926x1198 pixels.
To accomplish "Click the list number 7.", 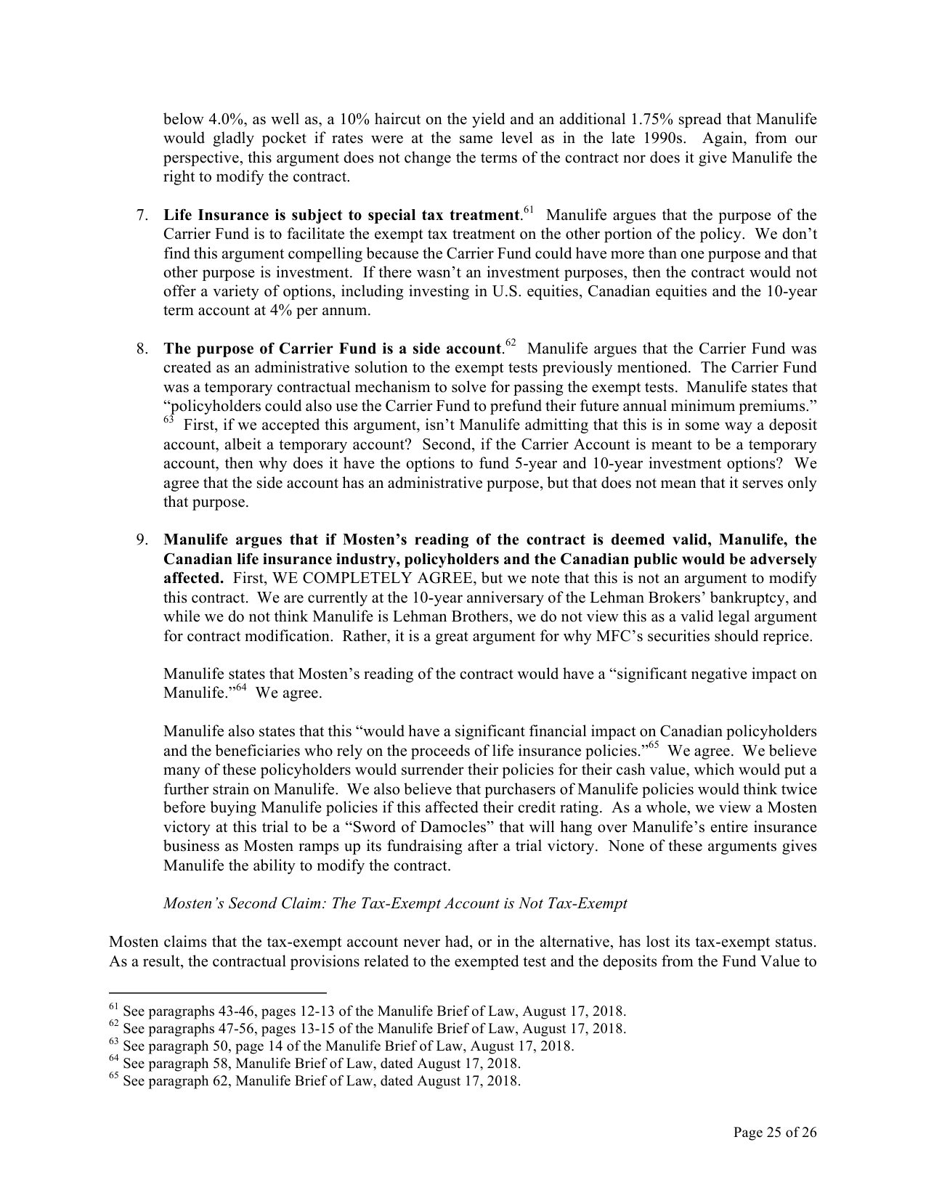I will tap(142, 216).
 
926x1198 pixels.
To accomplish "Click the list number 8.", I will tap(142, 349).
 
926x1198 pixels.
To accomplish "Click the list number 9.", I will tap(142, 540).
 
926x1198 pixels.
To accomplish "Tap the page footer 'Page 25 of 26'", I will tap(775, 1133).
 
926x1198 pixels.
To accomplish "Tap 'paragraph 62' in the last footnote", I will tap(187, 1081).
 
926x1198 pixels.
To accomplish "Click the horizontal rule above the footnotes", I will tap(217, 993).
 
